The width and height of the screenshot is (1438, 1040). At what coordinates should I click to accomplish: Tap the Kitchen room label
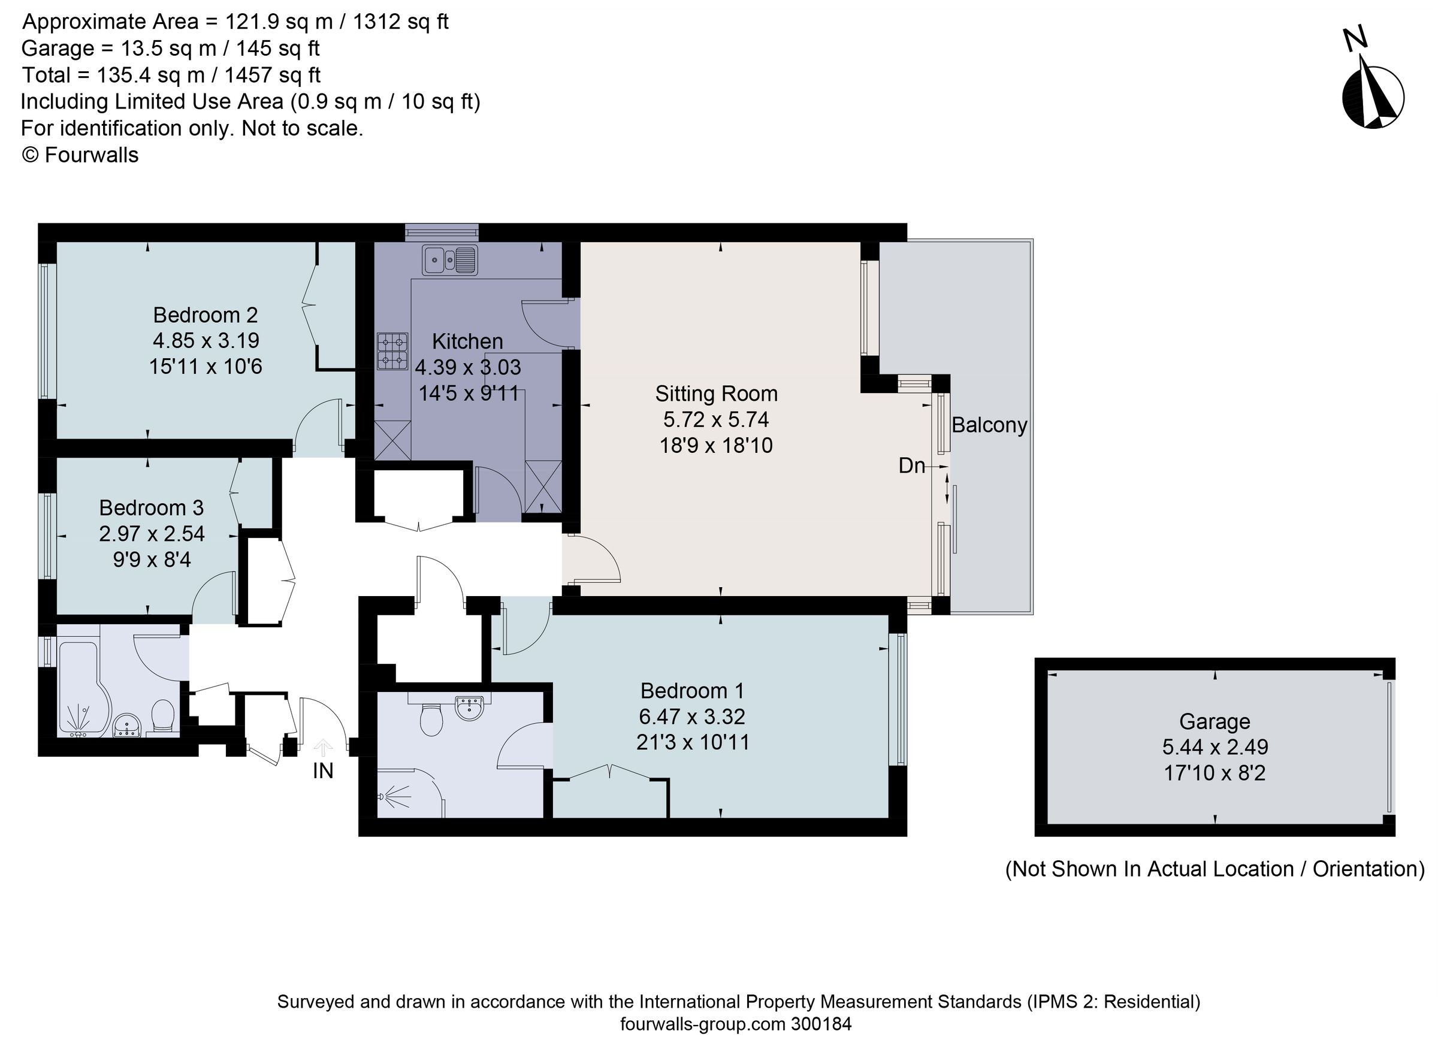(467, 341)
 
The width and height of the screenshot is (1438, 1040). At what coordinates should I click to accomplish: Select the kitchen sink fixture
(449, 259)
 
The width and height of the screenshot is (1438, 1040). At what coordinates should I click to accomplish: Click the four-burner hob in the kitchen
(392, 351)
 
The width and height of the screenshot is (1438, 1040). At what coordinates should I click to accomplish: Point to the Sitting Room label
(716, 394)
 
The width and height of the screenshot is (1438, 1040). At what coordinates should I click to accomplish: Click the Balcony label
(989, 425)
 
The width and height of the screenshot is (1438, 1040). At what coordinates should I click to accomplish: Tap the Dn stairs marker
(912, 466)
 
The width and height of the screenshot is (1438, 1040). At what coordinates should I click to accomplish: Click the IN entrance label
(323, 770)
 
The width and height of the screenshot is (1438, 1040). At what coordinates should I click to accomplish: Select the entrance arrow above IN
(323, 748)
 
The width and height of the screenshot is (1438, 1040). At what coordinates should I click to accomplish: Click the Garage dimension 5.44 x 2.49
(1214, 747)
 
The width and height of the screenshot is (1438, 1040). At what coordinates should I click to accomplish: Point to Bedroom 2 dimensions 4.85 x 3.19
(206, 341)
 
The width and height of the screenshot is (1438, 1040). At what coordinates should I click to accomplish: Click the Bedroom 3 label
(151, 507)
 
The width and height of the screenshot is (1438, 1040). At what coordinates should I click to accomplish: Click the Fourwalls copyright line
(80, 155)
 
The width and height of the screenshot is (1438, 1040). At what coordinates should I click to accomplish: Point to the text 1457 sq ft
(272, 75)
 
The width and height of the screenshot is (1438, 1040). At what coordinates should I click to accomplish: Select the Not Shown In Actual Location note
(1214, 869)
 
